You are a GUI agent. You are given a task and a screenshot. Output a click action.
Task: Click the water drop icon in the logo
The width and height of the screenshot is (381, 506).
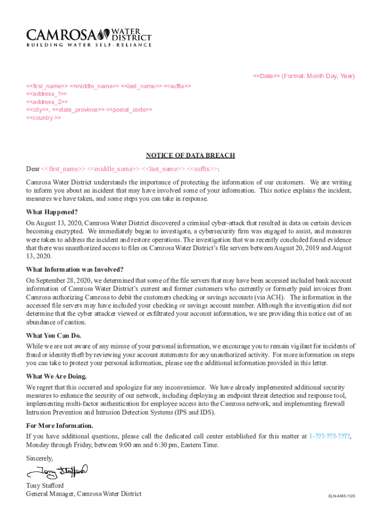102,35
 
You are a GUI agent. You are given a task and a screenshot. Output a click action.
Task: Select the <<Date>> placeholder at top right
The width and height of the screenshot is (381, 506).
267,76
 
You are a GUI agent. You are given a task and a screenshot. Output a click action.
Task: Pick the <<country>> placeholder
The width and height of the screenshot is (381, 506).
44,118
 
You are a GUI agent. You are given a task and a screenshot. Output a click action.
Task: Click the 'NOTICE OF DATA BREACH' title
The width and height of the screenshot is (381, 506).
190,156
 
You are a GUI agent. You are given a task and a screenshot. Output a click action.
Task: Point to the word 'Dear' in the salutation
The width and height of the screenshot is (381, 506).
33,169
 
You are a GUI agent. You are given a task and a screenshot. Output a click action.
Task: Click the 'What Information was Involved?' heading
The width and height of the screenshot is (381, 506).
75,270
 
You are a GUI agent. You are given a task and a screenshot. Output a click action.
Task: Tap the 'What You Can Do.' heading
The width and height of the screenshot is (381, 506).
53,336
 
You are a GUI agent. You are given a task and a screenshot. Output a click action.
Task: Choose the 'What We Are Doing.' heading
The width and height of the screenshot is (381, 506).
56,377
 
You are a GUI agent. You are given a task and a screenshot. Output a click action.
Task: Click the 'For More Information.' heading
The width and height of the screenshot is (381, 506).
59,425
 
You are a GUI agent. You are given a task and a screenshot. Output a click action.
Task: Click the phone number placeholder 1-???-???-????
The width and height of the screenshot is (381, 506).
330,436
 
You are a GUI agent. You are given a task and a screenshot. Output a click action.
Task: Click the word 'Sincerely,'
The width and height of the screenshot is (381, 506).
40,458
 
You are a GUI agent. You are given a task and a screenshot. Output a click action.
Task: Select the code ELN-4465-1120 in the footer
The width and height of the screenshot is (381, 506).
341,496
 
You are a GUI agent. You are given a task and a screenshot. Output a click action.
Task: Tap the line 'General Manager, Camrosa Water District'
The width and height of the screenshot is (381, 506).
84,494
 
